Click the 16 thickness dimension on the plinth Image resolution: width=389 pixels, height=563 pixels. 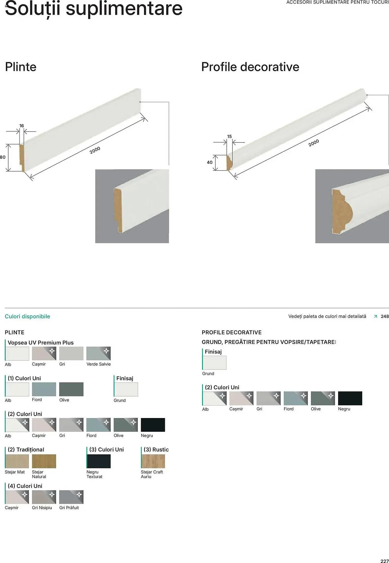[x=22, y=126]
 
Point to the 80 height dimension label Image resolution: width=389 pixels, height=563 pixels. [x=3, y=157]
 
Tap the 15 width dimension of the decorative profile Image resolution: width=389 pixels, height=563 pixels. [x=230, y=137]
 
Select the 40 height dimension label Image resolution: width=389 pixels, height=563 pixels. [x=210, y=162]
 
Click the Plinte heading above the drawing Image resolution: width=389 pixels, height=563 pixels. [x=21, y=67]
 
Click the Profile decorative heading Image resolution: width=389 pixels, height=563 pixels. [x=250, y=67]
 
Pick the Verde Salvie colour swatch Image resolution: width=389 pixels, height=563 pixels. [x=98, y=354]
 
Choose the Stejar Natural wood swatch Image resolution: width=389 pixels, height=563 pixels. [x=44, y=461]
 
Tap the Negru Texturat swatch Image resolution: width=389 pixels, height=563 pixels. [x=98, y=461]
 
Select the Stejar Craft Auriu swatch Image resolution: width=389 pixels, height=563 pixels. [x=153, y=461]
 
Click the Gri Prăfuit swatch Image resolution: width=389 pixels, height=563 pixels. [x=71, y=497]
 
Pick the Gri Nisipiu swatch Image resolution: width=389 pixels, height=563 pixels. [x=44, y=497]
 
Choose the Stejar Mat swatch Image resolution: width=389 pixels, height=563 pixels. [x=17, y=461]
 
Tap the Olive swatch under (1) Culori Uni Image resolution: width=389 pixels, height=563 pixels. [x=71, y=389]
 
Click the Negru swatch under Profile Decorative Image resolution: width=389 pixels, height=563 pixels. [x=350, y=398]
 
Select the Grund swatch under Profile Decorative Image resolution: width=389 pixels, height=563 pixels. [x=214, y=363]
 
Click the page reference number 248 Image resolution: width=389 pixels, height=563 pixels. [x=385, y=316]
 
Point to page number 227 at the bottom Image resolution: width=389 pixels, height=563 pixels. [x=384, y=561]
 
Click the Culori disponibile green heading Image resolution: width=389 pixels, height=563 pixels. [x=28, y=316]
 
